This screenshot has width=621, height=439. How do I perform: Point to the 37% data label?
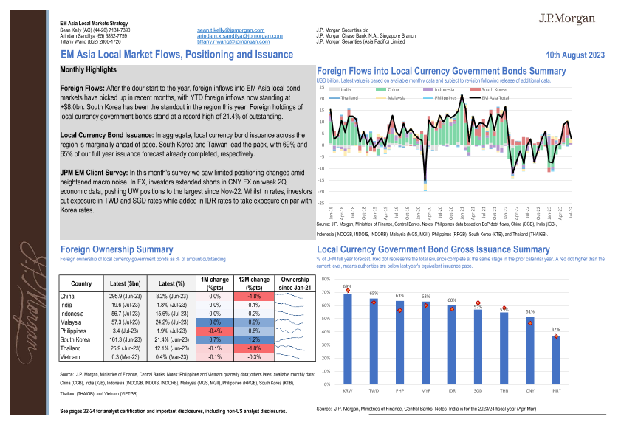(555, 329)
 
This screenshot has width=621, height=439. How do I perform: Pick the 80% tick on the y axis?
(326, 280)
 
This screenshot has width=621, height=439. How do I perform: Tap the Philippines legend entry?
(445, 97)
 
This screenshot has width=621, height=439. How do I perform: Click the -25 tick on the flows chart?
(321, 202)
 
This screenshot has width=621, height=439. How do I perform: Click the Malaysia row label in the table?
(72, 322)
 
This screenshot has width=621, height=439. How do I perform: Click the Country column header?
(81, 283)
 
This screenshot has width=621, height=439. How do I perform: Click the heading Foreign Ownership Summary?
(117, 249)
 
